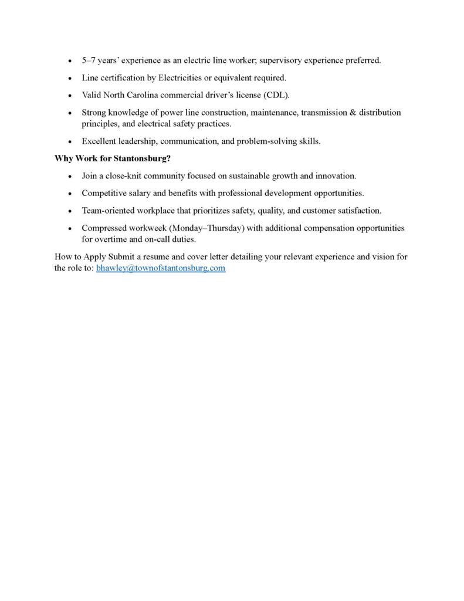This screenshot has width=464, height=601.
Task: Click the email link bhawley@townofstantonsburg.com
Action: point(160,268)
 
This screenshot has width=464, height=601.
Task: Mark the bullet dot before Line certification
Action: point(69,78)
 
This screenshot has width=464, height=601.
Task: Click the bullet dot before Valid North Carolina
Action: point(69,95)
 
